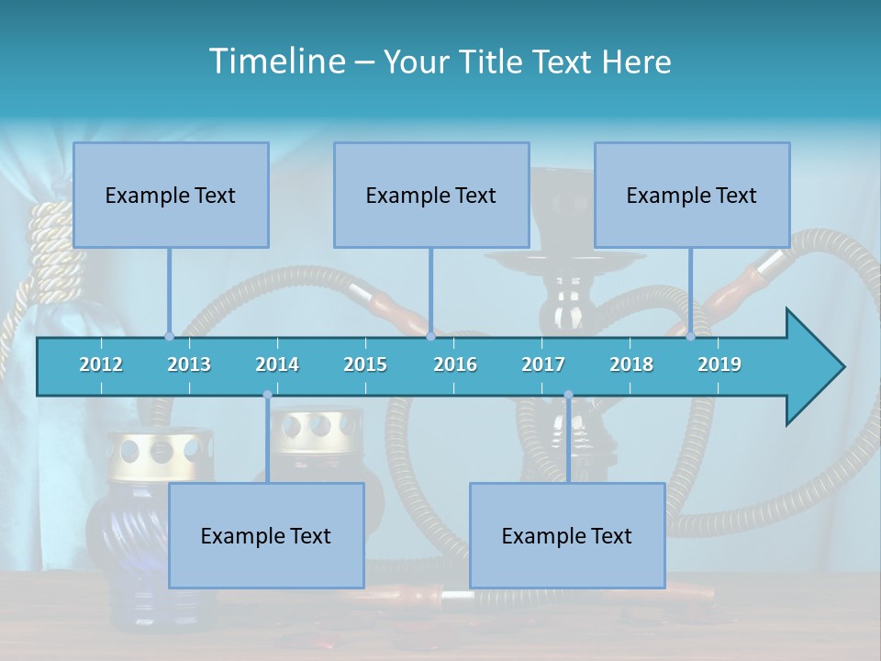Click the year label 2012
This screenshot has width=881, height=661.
pyautogui.click(x=101, y=364)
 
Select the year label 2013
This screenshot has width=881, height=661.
pyautogui.click(x=189, y=364)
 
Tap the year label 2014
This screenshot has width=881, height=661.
pyautogui.click(x=277, y=364)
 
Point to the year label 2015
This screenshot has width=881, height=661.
pyautogui.click(x=365, y=364)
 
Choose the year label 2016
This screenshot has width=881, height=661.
pyautogui.click(x=455, y=364)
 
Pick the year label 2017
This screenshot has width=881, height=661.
pyautogui.click(x=543, y=364)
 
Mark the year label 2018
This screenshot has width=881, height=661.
pyautogui.click(x=631, y=364)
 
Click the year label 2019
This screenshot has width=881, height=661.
pyautogui.click(x=719, y=364)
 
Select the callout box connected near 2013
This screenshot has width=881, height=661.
pyautogui.click(x=171, y=195)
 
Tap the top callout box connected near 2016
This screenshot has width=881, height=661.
pyautogui.click(x=431, y=195)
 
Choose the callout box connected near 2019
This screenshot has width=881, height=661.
pyautogui.click(x=692, y=195)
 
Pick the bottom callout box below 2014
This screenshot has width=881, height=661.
pyautogui.click(x=266, y=535)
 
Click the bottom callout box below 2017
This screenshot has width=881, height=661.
pyautogui.click(x=567, y=535)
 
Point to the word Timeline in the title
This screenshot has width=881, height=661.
pyautogui.click(x=275, y=62)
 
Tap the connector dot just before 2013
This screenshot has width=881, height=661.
pyautogui.click(x=170, y=336)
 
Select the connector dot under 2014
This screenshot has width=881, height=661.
pyautogui.click(x=267, y=395)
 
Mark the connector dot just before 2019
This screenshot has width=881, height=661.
pyautogui.click(x=691, y=336)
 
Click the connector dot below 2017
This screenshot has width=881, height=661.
pyautogui.click(x=568, y=395)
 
